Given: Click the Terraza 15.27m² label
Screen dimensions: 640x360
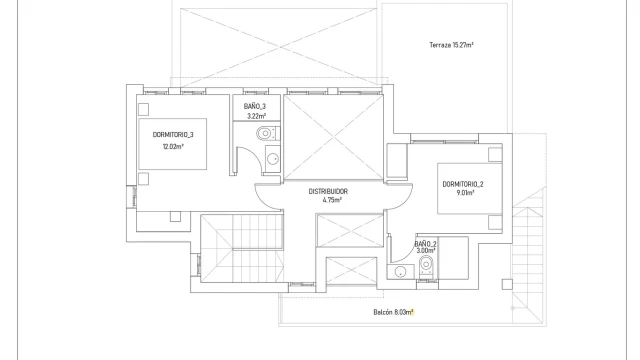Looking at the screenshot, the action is [x=451, y=45].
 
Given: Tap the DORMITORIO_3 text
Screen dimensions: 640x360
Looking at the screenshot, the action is [x=173, y=135].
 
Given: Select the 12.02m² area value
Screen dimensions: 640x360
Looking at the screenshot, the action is [x=173, y=147].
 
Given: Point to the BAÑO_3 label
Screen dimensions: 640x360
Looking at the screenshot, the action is [x=255, y=107].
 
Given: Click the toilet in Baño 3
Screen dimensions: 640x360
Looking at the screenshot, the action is [x=268, y=133].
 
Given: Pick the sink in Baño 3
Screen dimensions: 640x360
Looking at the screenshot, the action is [x=273, y=158].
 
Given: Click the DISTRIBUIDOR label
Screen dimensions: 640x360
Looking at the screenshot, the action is [x=328, y=191].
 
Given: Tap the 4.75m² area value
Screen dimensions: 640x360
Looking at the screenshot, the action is [x=332, y=200].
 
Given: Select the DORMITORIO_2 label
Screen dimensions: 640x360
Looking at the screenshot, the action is [x=463, y=184].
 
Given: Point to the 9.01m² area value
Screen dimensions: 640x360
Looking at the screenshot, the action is [x=465, y=193].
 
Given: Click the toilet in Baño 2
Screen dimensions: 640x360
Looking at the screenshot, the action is [x=427, y=266].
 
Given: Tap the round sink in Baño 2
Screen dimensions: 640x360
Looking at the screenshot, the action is [x=400, y=271].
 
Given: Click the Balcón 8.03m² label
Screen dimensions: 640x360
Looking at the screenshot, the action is [x=393, y=313].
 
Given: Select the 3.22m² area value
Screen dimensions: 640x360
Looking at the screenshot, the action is [x=256, y=116].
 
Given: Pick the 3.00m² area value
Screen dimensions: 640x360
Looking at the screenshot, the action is [x=426, y=251].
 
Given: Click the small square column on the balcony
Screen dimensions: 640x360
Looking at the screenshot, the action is [x=507, y=284].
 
